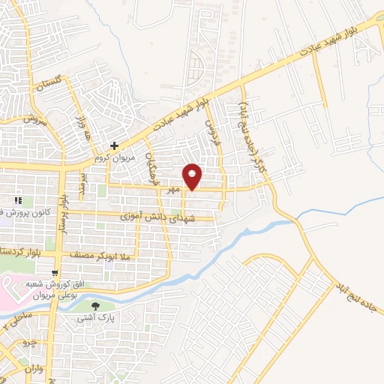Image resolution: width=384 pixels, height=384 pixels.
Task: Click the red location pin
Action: pyautogui.click(x=193, y=175)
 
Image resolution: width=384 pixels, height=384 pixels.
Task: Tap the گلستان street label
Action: pyautogui.click(x=46, y=87)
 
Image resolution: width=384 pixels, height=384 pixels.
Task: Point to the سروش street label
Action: pyautogui.click(x=35, y=119)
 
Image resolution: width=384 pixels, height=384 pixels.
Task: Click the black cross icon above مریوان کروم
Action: pyautogui.click(x=114, y=145)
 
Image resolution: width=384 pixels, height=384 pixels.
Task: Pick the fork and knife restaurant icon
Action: pyautogui.click(x=17, y=200)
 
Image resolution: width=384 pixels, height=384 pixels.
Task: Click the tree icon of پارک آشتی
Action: pyautogui.click(x=95, y=306)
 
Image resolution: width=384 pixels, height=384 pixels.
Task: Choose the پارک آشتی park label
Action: pyautogui.click(x=94, y=319)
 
